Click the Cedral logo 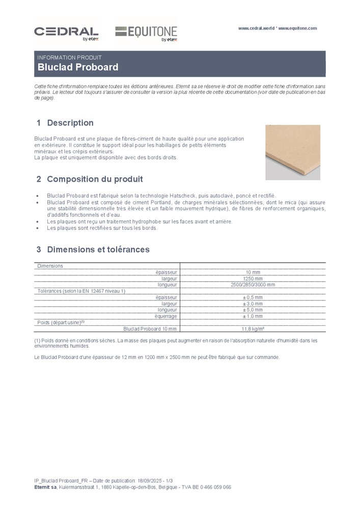tap(66, 33)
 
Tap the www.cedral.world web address tap(257, 29)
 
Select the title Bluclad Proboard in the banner tap(78, 67)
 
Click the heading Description tap(70, 123)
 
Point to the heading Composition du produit tap(95, 179)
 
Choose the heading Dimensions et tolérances tap(98, 249)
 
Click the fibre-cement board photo tap(293, 152)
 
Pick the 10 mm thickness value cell tap(253, 272)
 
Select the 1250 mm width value tap(253, 278)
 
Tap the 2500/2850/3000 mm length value tap(253, 285)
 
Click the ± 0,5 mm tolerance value tap(253, 297)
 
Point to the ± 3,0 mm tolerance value tap(253, 303)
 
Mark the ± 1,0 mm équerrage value tap(253, 316)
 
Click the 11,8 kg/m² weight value tap(253, 329)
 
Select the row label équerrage tap(166, 316)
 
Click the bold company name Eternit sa tap(45, 487)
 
